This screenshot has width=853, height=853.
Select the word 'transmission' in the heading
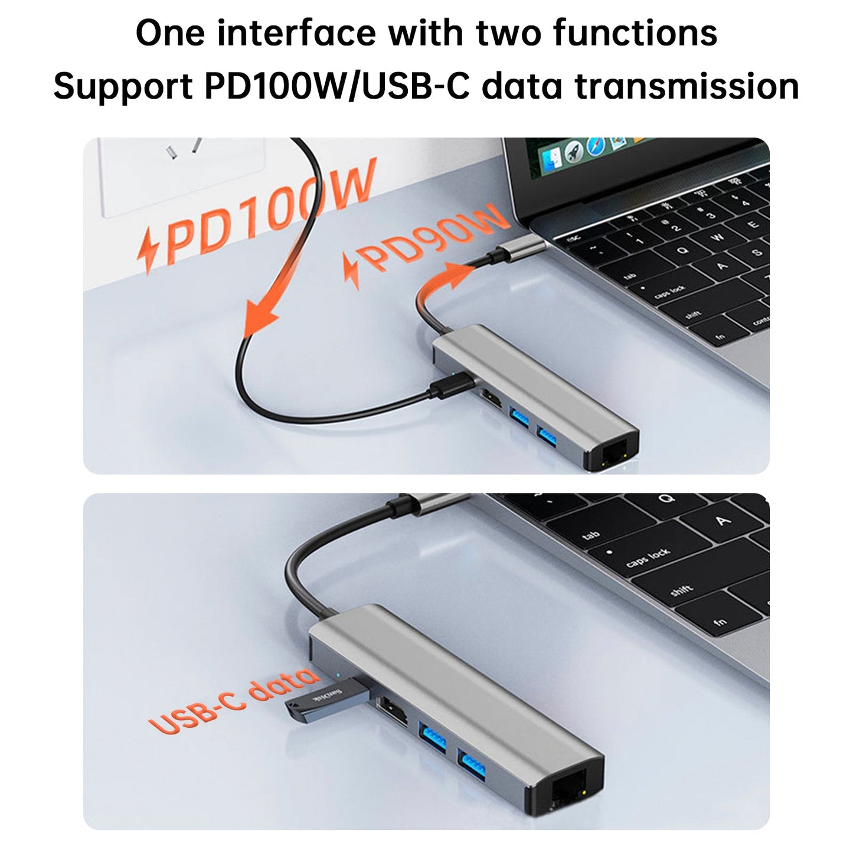[x=687, y=86]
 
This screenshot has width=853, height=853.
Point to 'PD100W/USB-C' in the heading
[x=336, y=86]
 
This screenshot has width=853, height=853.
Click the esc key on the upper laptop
[x=573, y=240]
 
